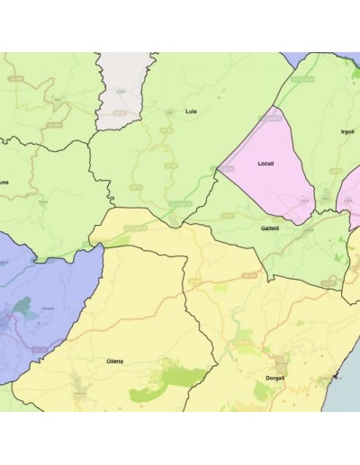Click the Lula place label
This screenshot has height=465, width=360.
click(x=190, y=112)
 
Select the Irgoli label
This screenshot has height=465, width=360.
click(x=347, y=131)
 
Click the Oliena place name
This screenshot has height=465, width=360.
click(x=115, y=361)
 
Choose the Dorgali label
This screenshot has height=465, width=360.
click(x=275, y=378)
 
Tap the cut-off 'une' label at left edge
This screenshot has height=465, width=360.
click(x=4, y=182)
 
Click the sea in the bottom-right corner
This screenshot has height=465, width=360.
click(x=346, y=396)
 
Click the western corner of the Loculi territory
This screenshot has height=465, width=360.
click(x=219, y=169)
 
